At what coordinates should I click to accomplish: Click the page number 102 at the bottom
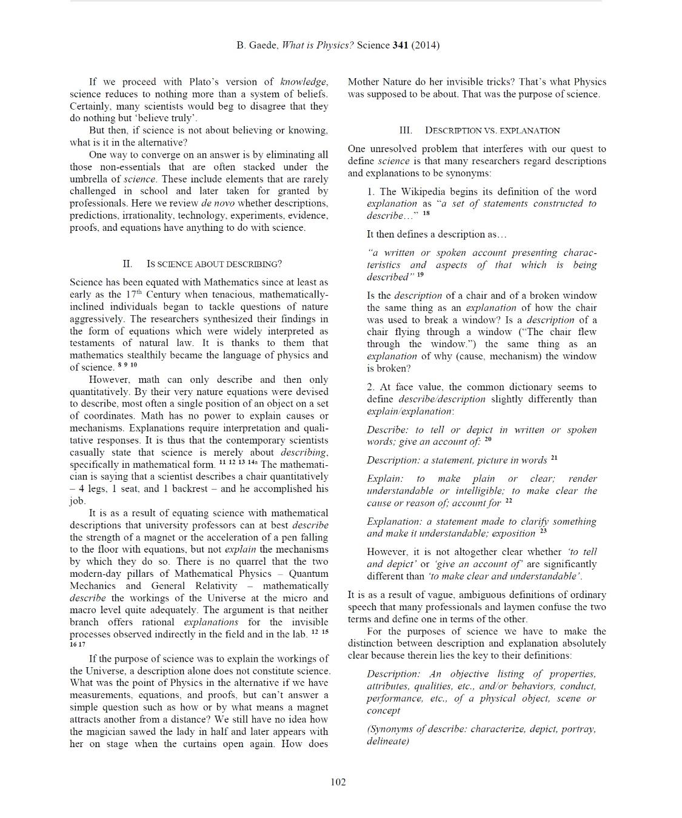tap(338, 782)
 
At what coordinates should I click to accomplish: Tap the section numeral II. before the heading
tap(127, 264)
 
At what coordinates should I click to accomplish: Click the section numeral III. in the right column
tap(406, 130)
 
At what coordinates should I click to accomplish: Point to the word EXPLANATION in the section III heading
tap(532, 130)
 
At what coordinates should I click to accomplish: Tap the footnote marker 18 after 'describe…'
tap(426, 213)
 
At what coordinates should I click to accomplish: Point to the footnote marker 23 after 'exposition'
tap(543, 531)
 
